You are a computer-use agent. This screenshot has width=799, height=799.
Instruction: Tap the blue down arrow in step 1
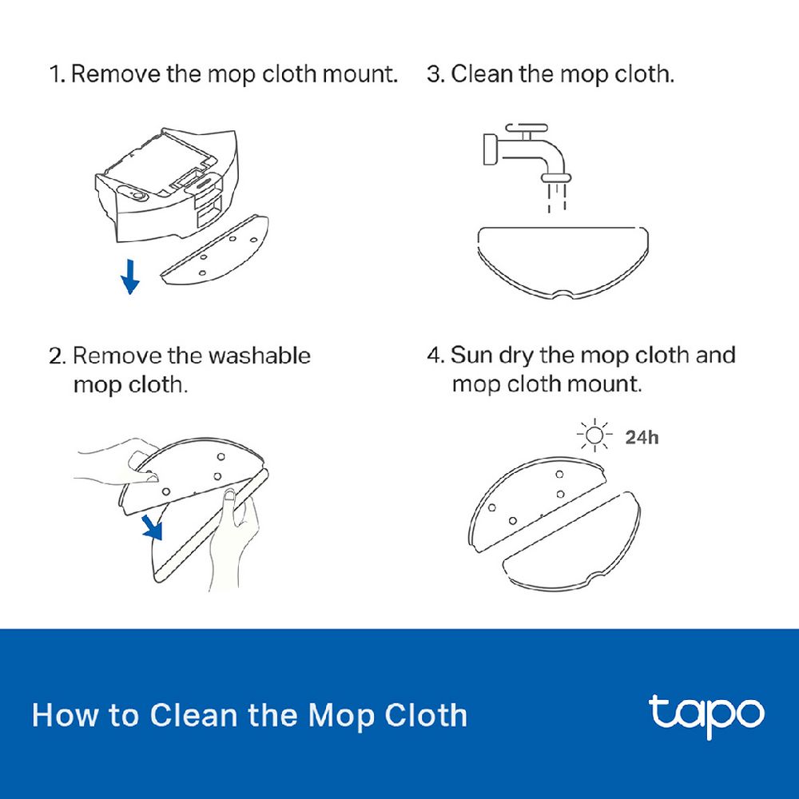130,276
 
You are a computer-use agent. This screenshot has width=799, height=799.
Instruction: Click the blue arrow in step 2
152,527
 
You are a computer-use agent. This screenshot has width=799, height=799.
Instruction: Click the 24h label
642,437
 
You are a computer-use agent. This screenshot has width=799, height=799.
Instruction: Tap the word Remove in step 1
116,74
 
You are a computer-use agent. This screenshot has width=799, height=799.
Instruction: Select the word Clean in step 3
482,74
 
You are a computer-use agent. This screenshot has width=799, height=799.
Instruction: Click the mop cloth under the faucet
563,263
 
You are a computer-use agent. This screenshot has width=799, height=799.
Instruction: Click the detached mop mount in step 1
214,249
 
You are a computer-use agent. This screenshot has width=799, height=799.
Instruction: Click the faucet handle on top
527,129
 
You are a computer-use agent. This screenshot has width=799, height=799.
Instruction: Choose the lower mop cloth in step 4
572,542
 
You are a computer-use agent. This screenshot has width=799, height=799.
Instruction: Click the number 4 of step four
433,356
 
